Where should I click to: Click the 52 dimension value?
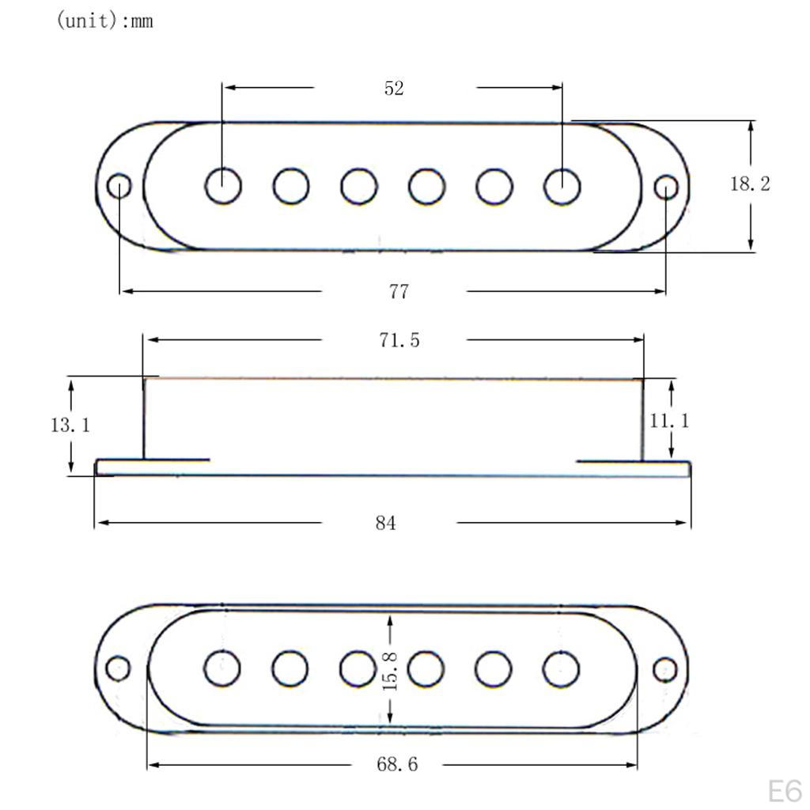click(x=394, y=89)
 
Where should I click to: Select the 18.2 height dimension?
click(x=749, y=184)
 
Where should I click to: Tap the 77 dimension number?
click(x=399, y=292)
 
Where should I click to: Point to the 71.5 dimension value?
click(x=398, y=340)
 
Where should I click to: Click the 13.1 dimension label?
click(x=70, y=425)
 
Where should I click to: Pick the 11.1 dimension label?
click(x=669, y=421)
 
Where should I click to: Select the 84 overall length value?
click(x=386, y=524)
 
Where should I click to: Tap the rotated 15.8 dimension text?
click(x=390, y=671)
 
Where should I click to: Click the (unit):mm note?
click(x=104, y=21)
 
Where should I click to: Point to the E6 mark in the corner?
click(x=784, y=790)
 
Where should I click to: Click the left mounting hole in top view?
click(x=119, y=187)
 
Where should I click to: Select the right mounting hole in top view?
click(x=667, y=187)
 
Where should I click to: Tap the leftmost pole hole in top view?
click(x=223, y=187)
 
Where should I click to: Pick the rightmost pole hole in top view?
click(x=562, y=187)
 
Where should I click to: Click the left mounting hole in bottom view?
click(x=118, y=668)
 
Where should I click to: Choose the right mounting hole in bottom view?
click(x=665, y=668)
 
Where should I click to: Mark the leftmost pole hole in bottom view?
click(x=222, y=669)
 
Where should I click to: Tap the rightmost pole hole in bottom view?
click(x=561, y=669)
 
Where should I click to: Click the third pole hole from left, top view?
click(x=359, y=187)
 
